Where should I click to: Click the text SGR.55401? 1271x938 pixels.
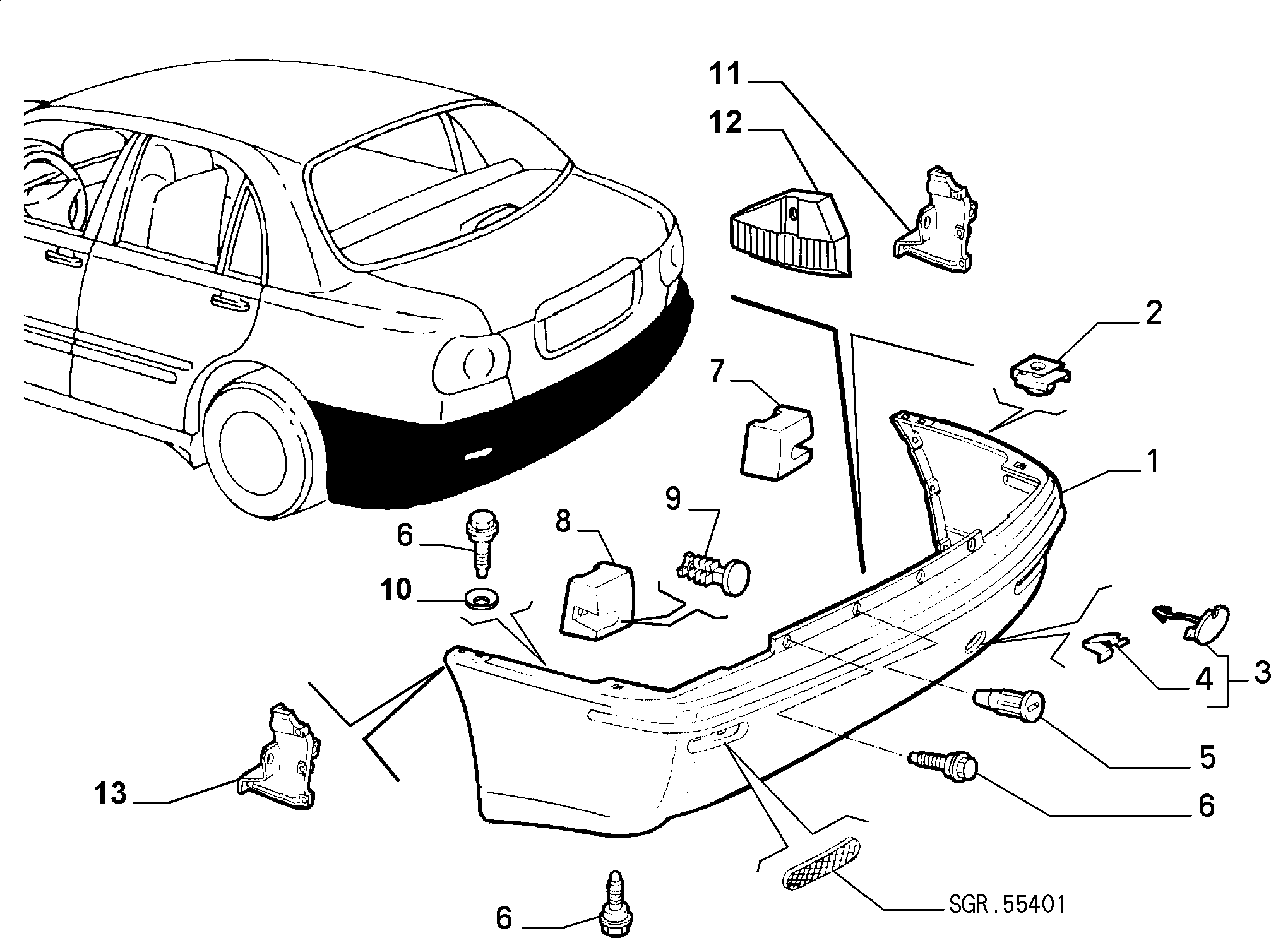pos(1006,905)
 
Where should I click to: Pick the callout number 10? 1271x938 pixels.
pos(396,591)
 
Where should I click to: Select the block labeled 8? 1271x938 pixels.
pos(597,599)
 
